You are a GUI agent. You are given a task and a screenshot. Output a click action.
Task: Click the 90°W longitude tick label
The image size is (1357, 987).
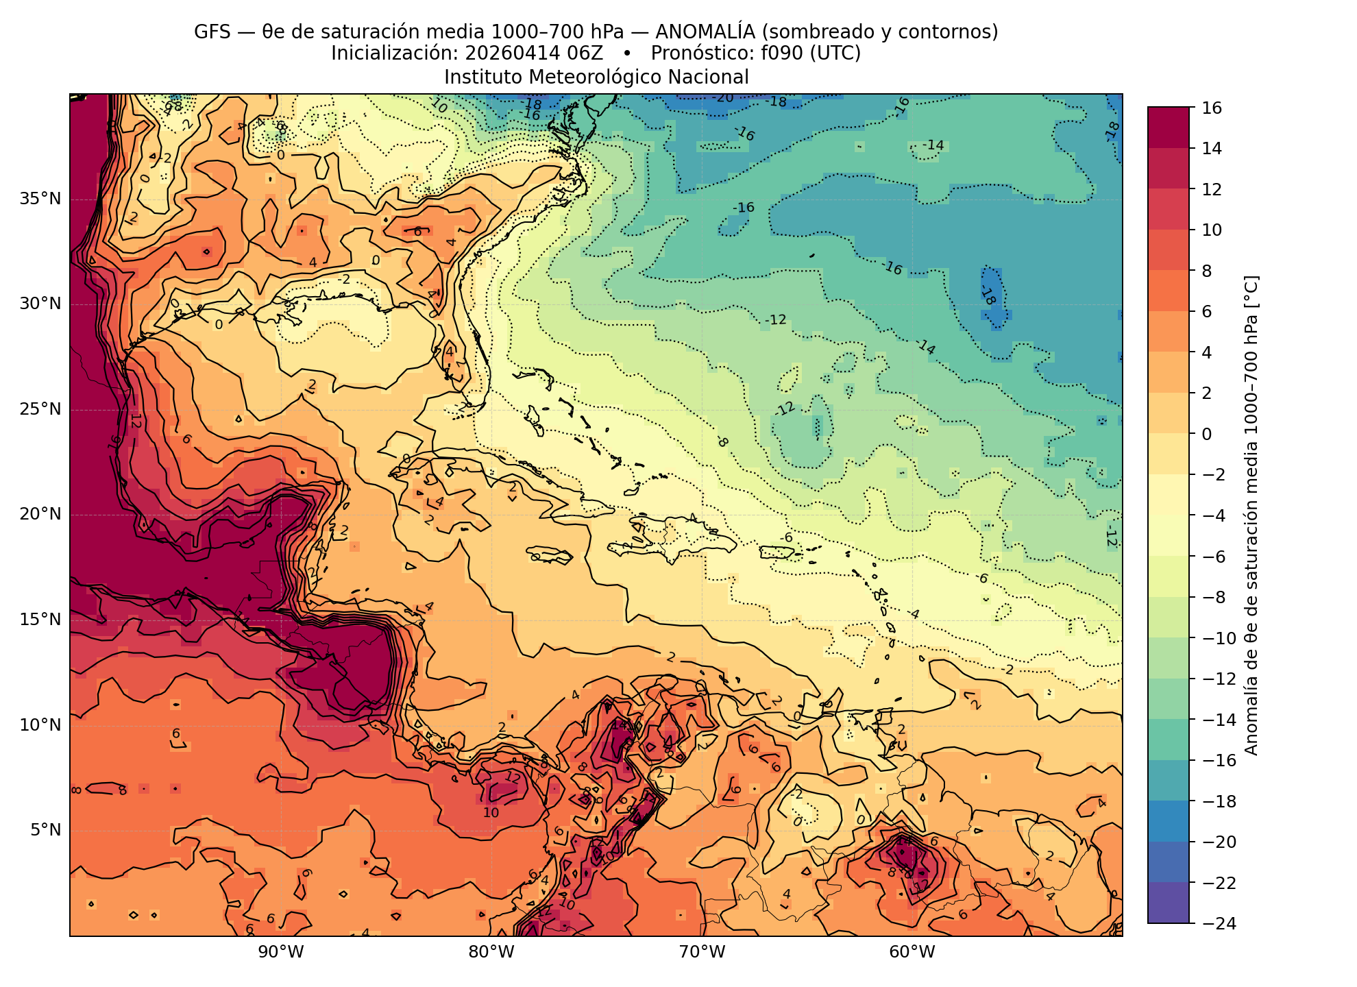point(281,952)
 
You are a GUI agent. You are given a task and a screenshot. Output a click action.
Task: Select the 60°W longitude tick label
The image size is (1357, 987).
point(912,952)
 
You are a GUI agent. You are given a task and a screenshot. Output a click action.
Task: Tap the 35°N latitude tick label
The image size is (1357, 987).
point(40,199)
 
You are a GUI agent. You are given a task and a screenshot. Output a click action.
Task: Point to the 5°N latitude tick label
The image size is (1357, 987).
point(45,831)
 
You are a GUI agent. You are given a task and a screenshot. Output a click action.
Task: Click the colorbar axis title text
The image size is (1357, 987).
point(1251,515)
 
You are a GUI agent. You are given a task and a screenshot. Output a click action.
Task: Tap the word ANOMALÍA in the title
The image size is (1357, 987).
point(706,32)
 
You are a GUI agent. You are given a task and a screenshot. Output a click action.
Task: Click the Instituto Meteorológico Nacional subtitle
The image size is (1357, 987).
point(596,77)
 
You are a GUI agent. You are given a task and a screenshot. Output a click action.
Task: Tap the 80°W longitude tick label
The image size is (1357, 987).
point(491,952)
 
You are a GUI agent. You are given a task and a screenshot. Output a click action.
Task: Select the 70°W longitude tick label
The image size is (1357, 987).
point(702,952)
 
